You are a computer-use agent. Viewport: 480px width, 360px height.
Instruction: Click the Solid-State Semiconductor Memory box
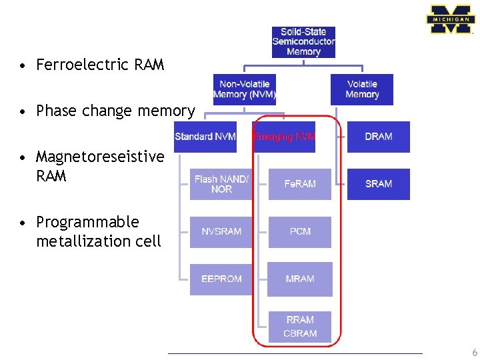pyautogui.click(x=303, y=42)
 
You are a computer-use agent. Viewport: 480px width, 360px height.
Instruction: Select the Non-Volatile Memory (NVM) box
pyautogui.click(x=245, y=89)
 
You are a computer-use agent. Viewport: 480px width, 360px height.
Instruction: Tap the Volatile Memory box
pyautogui.click(x=362, y=89)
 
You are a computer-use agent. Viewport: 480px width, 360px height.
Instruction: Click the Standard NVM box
pyautogui.click(x=205, y=137)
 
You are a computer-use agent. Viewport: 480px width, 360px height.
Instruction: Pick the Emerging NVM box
pyautogui.click(x=284, y=137)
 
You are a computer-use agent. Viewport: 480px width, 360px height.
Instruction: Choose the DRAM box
pyautogui.click(x=379, y=137)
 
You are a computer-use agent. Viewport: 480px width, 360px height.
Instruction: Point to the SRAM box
pyautogui.click(x=379, y=184)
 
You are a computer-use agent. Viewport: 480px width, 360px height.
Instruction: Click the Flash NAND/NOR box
pyautogui.click(x=221, y=184)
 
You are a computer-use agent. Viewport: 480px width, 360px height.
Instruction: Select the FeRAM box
pyautogui.click(x=300, y=184)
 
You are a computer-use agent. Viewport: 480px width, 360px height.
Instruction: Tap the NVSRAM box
pyautogui.click(x=221, y=231)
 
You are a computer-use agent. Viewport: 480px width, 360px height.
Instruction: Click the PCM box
pyautogui.click(x=300, y=231)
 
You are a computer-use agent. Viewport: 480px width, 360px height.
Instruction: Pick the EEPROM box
pyautogui.click(x=221, y=279)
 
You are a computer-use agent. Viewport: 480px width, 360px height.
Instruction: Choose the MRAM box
pyautogui.click(x=300, y=279)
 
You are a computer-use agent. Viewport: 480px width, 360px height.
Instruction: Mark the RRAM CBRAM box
pyautogui.click(x=300, y=327)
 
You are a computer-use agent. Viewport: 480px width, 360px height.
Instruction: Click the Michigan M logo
pyautogui.click(x=451, y=20)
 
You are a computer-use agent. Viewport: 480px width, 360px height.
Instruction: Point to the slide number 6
pyautogui.click(x=474, y=353)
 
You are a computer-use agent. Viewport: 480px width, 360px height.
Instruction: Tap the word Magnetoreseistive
pyautogui.click(x=100, y=157)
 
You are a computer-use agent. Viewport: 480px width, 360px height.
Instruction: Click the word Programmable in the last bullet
pyautogui.click(x=87, y=222)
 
